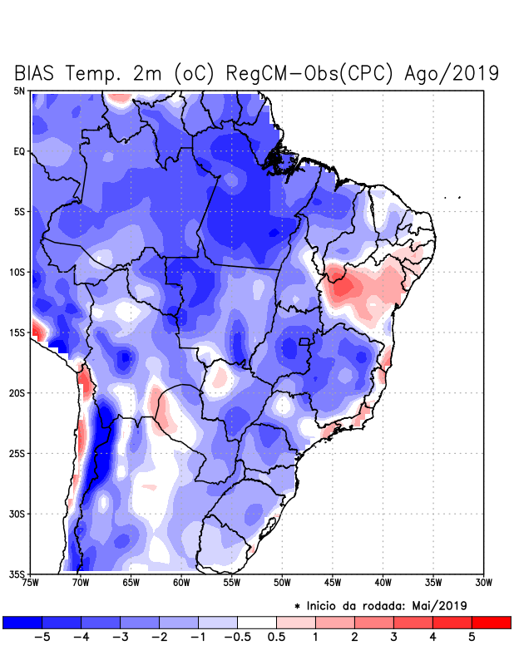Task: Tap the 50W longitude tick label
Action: [282, 583]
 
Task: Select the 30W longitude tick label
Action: [484, 583]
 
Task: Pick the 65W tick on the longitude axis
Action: [131, 583]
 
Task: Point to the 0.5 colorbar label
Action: [277, 637]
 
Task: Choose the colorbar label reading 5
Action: [472, 637]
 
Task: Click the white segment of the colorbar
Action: [257, 622]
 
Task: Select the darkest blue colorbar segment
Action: [22, 622]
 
